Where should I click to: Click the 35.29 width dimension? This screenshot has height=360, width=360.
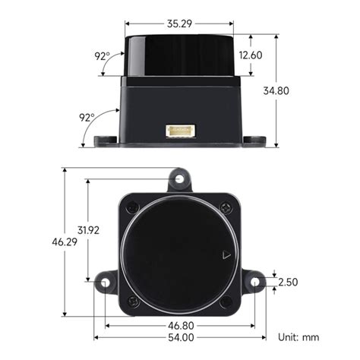[x=179, y=24]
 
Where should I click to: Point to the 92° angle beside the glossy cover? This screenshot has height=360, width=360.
[x=102, y=56]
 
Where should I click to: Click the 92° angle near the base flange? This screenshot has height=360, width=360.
[x=86, y=118]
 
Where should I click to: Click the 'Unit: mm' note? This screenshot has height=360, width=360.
[x=298, y=336]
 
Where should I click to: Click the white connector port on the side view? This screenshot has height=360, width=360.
[x=180, y=131]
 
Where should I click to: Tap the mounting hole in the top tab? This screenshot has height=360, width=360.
[x=179, y=179]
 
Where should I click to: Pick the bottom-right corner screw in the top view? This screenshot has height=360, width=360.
[x=226, y=302]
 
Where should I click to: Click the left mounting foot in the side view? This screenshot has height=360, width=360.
[x=105, y=141]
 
